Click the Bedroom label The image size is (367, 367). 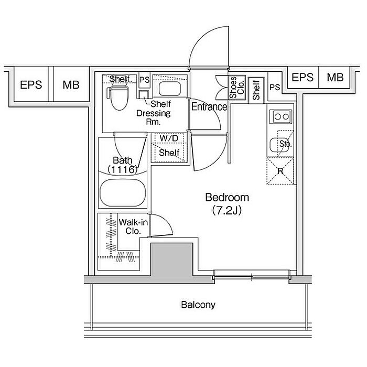click(227, 198)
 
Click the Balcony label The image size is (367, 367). click(198, 305)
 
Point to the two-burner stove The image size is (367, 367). click(280, 116)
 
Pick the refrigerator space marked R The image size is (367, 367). click(280, 171)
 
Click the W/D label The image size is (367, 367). click(169, 138)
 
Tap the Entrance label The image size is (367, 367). click(209, 107)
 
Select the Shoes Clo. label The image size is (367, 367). click(237, 88)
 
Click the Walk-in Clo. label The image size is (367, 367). click(133, 226)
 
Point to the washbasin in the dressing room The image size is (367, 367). click(170, 89)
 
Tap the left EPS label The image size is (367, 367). click(31, 85)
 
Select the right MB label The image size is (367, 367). click(335, 77)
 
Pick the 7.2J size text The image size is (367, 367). click(227, 211)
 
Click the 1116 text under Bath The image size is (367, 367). click(122, 169)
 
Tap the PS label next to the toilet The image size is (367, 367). click(144, 80)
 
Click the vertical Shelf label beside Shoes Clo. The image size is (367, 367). click(256, 90)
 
